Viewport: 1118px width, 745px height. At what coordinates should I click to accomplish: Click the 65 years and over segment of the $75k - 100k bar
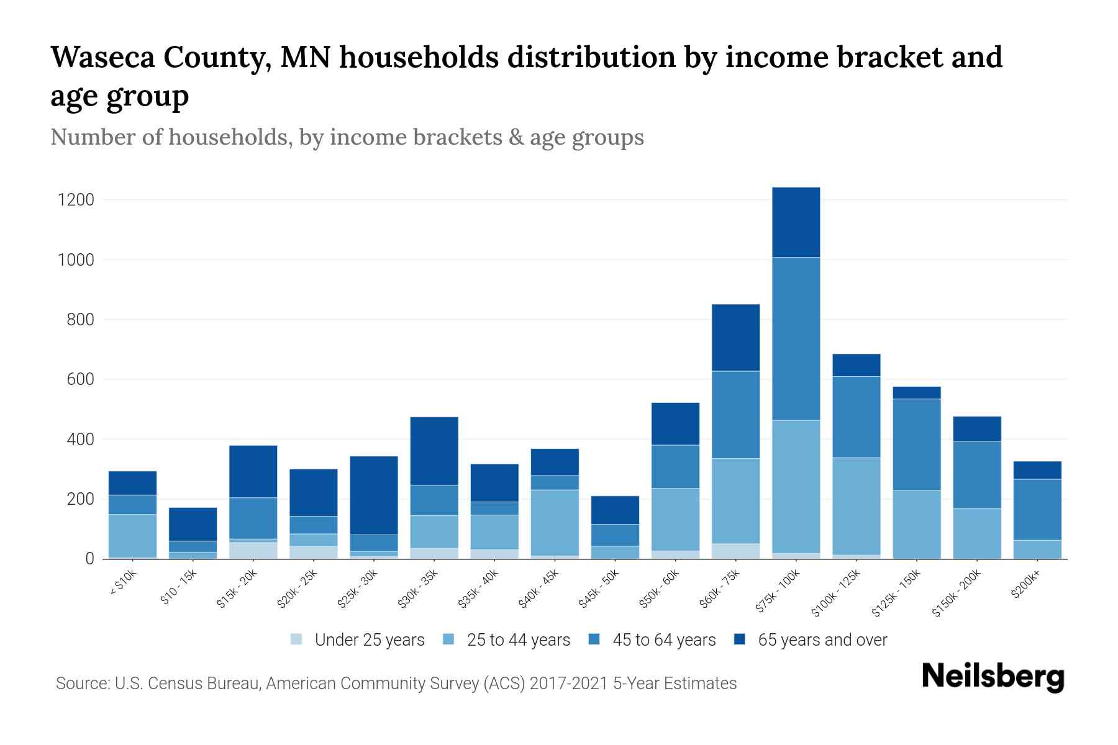click(x=796, y=222)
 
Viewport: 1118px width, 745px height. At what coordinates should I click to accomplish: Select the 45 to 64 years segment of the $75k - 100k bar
click(x=796, y=338)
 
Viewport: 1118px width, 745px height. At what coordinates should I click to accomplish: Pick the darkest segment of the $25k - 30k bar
click(x=374, y=495)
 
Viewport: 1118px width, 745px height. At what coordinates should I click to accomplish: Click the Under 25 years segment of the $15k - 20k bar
click(x=253, y=550)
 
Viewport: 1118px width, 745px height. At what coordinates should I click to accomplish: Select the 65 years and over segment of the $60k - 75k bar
click(x=735, y=337)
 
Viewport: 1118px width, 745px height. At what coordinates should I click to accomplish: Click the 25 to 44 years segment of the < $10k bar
click(x=132, y=536)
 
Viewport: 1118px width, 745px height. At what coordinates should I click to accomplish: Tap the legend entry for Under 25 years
click(x=358, y=640)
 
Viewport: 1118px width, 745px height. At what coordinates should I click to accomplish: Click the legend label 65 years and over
click(x=822, y=640)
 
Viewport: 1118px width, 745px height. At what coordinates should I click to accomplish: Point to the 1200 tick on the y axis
click(x=75, y=200)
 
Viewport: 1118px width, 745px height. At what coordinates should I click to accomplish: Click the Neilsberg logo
click(x=993, y=676)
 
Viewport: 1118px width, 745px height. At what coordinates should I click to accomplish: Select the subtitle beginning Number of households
click(x=347, y=137)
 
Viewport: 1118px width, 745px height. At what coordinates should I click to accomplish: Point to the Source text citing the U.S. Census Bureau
click(x=396, y=684)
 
